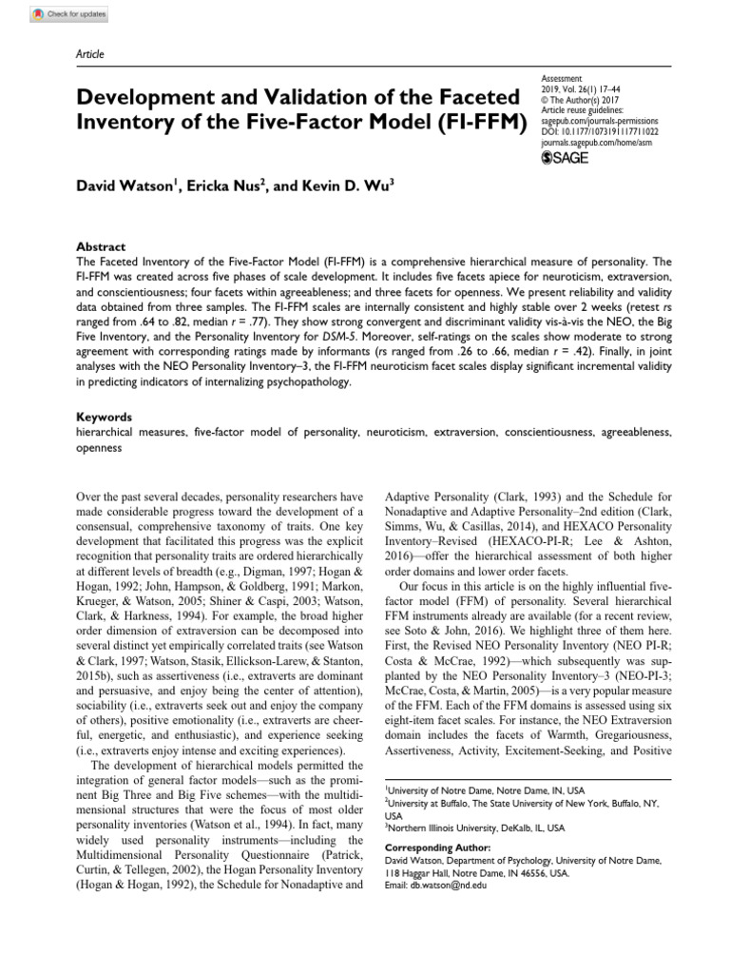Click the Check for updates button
[x=70, y=15]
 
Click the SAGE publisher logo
[x=565, y=157]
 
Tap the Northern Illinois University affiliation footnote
[x=474, y=828]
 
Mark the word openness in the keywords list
[x=99, y=448]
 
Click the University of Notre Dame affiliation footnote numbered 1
[x=485, y=790]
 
